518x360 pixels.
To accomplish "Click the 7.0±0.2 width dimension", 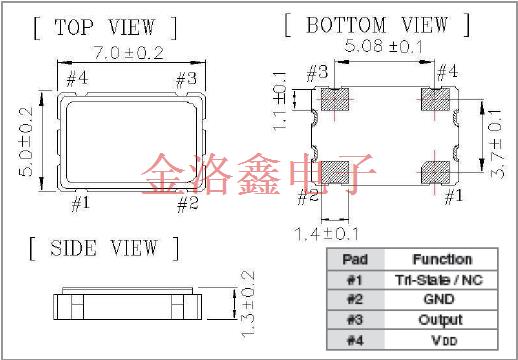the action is [129, 53].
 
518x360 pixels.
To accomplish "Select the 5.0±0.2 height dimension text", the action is [26, 141].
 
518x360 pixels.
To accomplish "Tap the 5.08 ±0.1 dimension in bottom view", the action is [383, 46].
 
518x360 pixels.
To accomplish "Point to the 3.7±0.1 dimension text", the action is [496, 143].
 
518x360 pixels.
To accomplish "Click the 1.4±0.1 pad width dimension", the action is [327, 234].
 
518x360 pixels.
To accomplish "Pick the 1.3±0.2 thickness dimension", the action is [248, 304].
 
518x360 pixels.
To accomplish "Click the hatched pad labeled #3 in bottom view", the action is [335, 99].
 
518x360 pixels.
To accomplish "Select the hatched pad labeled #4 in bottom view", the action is [435, 99].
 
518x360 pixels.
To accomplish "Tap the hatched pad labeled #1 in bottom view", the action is [435, 173].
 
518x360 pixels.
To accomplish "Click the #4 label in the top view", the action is [77, 79].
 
